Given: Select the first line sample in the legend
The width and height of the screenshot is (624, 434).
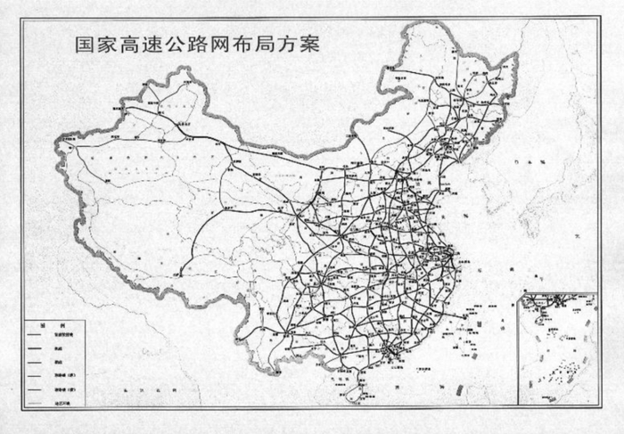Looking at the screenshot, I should (37, 337).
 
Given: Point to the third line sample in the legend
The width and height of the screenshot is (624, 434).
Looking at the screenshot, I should (37, 364).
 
